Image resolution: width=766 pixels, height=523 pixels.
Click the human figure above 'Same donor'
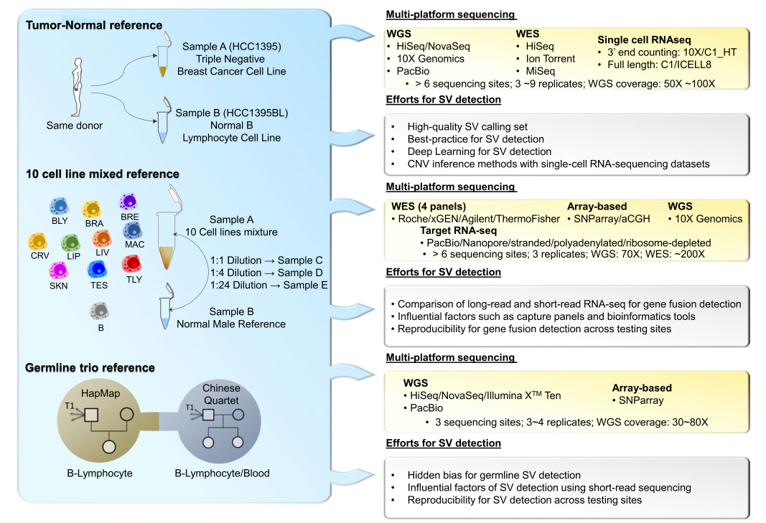coord(78,87)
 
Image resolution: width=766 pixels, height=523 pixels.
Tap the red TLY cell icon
coord(132,264)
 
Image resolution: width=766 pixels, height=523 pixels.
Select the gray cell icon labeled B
coord(100,311)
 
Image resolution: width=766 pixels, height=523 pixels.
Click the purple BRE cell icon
coord(129,202)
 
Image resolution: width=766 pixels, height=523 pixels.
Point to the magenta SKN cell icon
coord(58,270)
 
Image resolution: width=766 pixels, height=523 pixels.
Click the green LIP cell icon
coord(71,242)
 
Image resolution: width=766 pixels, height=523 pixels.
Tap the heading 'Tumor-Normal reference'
coord(94,25)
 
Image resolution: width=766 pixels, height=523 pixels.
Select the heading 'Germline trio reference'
coord(90,368)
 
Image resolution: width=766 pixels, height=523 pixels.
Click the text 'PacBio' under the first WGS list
coord(413,71)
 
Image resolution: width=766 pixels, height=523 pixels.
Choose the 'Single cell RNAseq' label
coord(644,40)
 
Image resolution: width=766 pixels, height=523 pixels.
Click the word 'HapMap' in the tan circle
coord(101,393)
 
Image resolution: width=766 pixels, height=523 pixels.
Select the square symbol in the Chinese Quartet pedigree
coord(208,415)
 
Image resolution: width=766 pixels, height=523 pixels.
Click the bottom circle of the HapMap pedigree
coord(109,447)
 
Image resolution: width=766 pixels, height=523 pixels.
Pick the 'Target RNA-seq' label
coord(458,230)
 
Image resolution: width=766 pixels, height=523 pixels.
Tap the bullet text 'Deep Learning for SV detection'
coord(480,152)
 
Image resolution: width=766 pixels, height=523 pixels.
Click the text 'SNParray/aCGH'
coord(612,219)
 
